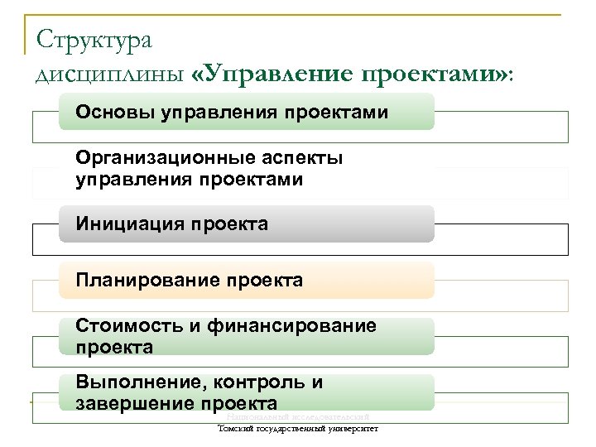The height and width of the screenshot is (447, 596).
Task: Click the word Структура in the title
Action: tap(94, 39)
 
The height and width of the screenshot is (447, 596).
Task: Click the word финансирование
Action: tap(291, 326)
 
